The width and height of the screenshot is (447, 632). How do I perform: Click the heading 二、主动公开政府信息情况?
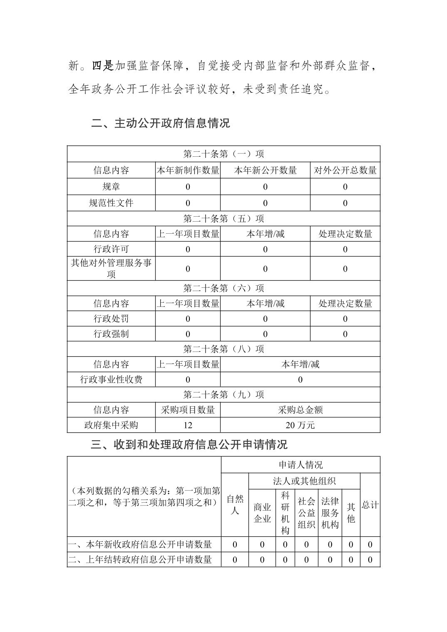[x=160, y=123]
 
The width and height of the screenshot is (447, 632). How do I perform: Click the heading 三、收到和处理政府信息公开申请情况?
[x=189, y=444]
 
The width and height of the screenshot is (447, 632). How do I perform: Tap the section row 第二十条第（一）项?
[x=223, y=154]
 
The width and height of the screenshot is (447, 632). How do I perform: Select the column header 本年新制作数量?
[x=188, y=170]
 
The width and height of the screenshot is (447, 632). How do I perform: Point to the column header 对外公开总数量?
[x=345, y=170]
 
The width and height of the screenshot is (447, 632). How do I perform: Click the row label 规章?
[x=111, y=187]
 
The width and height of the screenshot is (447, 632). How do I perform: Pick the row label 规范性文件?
[x=111, y=203]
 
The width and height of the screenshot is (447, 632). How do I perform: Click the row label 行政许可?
[x=111, y=249]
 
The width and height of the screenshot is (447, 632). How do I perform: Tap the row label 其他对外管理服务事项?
[x=111, y=269]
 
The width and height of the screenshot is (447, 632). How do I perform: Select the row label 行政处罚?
[x=111, y=318]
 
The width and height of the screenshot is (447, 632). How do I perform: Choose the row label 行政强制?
[x=111, y=334]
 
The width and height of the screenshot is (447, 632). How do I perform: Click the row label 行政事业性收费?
[x=111, y=380]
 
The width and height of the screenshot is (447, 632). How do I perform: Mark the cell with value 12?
[x=188, y=425]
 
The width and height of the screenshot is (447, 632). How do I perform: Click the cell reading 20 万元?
[x=300, y=425]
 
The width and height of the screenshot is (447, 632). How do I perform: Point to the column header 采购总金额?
[x=300, y=410]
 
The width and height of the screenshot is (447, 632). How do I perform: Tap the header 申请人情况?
[x=300, y=465]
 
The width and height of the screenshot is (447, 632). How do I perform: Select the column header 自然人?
[x=235, y=505]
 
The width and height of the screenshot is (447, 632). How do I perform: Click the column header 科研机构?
[x=285, y=513]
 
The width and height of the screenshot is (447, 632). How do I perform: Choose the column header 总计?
[x=370, y=505]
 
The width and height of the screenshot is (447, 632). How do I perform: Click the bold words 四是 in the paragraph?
[x=103, y=65]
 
